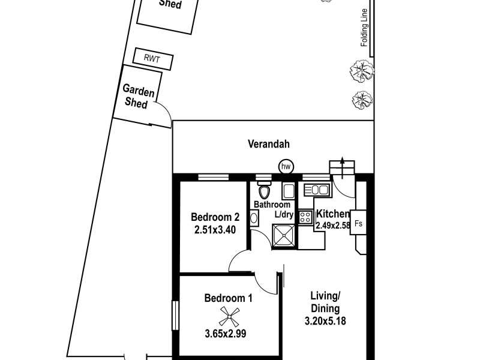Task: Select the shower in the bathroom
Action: [284, 235]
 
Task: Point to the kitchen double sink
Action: [316, 190]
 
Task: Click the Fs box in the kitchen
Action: [358, 223]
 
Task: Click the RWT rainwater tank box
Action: [154, 59]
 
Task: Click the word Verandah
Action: [269, 144]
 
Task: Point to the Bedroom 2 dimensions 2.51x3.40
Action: [215, 229]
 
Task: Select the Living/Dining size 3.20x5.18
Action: [325, 320]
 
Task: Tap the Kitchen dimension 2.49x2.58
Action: [332, 226]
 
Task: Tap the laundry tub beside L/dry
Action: [287, 191]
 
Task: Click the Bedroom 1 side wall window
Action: [176, 314]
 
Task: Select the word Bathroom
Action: [272, 205]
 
